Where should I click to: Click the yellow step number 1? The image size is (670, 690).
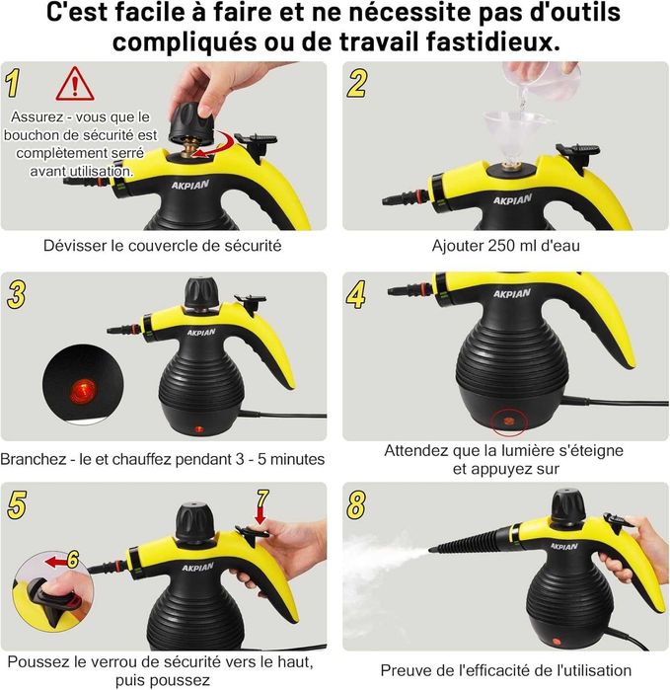pyautogui.click(x=16, y=83)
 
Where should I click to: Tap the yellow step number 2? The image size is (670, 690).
pyautogui.click(x=356, y=83)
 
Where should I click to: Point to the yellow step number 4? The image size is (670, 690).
pyautogui.click(x=356, y=293)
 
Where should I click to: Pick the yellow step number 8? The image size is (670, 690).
pyautogui.click(x=356, y=503)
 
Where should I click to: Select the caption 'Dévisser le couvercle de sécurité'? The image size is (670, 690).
pyautogui.click(x=163, y=245)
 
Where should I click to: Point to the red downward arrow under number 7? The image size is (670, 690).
pyautogui.click(x=261, y=515)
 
